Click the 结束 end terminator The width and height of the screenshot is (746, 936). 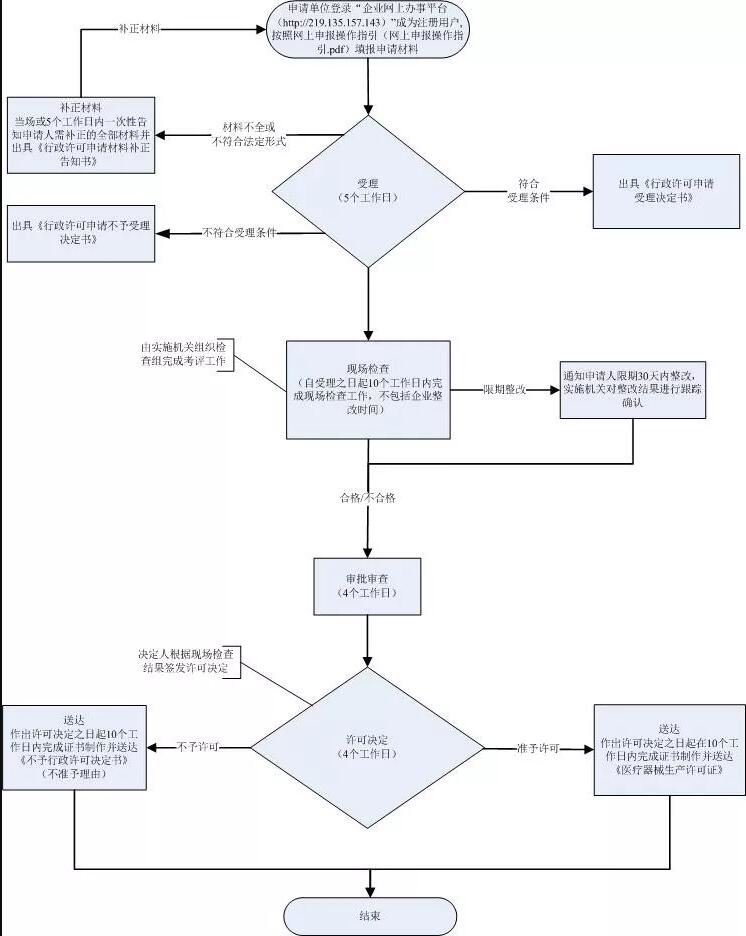370,915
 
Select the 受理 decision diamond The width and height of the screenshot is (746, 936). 369,191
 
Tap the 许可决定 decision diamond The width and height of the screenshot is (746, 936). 369,746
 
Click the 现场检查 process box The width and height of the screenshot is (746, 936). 369,389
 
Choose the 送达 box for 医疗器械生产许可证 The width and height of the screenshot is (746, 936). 669,749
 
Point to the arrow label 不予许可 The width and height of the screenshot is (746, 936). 198,747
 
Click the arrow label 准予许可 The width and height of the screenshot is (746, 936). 538,748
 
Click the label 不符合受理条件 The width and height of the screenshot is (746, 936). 239,233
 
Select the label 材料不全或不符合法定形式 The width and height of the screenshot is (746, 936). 249,135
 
